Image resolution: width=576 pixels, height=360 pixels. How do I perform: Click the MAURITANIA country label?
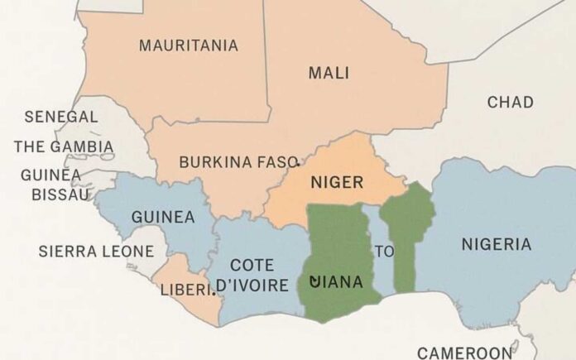pyautogui.click(x=188, y=46)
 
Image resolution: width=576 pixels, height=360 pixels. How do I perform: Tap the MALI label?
pyautogui.click(x=329, y=73)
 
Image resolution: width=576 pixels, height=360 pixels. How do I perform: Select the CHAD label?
pyautogui.click(x=510, y=102)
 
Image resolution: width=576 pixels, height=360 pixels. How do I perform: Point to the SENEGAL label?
pyautogui.click(x=61, y=117)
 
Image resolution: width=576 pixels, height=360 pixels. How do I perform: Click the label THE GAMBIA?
pyautogui.click(x=64, y=147)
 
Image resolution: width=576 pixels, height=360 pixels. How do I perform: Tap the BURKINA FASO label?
pyautogui.click(x=238, y=161)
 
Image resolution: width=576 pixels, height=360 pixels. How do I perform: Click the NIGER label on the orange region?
pyautogui.click(x=337, y=182)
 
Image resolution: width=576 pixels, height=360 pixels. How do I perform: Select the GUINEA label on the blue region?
pyautogui.click(x=163, y=218)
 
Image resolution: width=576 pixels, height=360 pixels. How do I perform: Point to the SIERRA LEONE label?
pyautogui.click(x=97, y=251)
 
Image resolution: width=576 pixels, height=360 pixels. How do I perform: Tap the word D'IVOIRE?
pyautogui.click(x=252, y=286)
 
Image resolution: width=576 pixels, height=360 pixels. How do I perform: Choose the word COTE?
pyautogui.click(x=252, y=265)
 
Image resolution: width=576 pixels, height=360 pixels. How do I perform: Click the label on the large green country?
pyautogui.click(x=335, y=282)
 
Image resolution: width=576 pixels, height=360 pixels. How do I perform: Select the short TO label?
pyautogui.click(x=384, y=252)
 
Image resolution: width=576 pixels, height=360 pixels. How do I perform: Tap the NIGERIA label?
pyautogui.click(x=496, y=244)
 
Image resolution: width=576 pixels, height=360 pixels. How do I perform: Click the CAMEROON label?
pyautogui.click(x=464, y=353)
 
